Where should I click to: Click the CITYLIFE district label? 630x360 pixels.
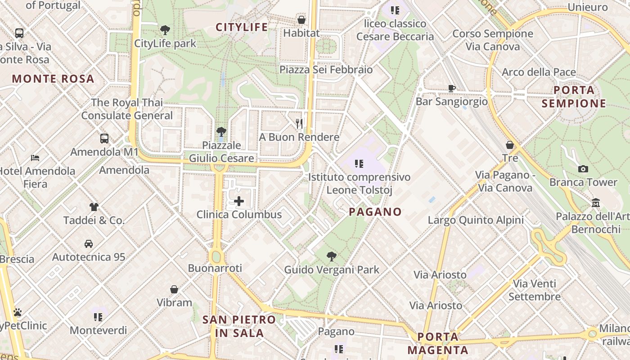click(242, 27)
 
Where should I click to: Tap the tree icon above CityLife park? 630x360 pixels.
click(165, 30)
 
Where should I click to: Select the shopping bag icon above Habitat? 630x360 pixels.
click(301, 20)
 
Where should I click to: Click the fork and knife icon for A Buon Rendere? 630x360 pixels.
click(299, 123)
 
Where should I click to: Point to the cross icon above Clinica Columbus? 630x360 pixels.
click(239, 201)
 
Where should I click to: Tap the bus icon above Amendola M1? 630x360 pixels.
click(104, 139)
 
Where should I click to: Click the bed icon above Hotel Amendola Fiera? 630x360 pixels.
click(35, 158)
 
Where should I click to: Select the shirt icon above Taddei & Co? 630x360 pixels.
click(94, 207)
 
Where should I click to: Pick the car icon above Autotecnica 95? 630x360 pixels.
click(89, 244)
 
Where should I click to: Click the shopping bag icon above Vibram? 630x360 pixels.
click(174, 289)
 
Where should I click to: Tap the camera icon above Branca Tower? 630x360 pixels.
click(583, 169)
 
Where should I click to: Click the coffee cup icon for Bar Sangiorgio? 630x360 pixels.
click(451, 88)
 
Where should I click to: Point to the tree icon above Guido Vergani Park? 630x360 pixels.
click(332, 256)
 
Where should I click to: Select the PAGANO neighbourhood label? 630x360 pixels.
click(375, 211)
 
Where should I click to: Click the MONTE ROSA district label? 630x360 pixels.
click(53, 79)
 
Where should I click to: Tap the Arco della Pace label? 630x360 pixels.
click(539, 72)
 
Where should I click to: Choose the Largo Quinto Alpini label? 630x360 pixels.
click(476, 220)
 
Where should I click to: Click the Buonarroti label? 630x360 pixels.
click(215, 268)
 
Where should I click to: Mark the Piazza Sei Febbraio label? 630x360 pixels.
click(326, 70)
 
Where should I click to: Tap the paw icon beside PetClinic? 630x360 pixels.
click(18, 312)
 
